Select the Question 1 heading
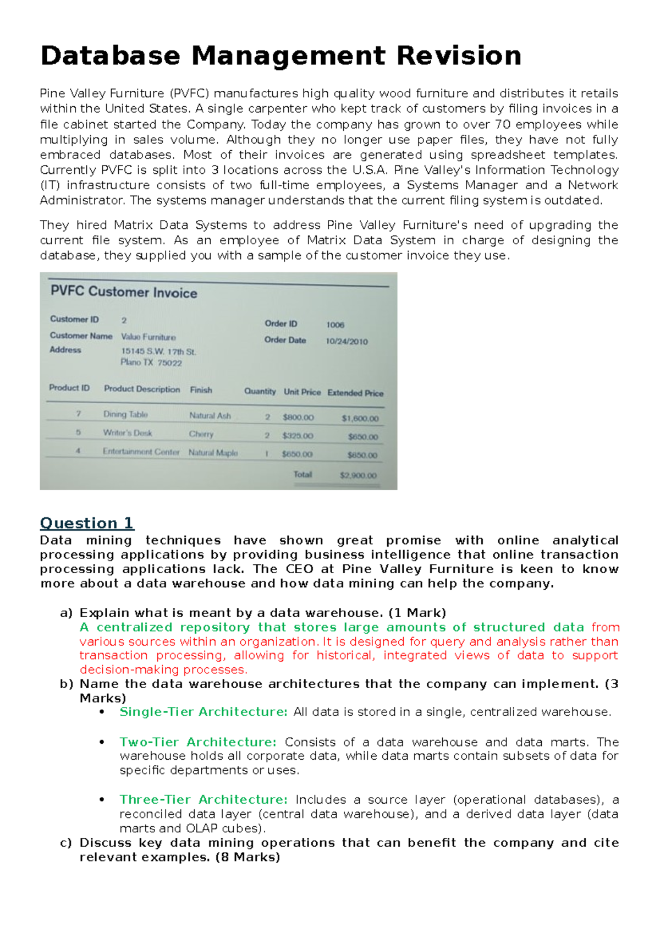coord(87,523)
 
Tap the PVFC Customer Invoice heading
coord(124,292)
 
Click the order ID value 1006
coord(335,325)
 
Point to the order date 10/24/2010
coord(346,342)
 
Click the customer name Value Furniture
coord(148,337)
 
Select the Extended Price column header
coord(355,393)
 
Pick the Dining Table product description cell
coord(125,414)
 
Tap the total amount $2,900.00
coord(358,475)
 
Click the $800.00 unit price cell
coord(298,418)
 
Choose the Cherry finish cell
coord(201,434)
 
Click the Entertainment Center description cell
coord(141,452)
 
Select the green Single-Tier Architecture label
coord(204,712)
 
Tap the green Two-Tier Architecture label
coord(198,742)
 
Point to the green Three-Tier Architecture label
coord(204,799)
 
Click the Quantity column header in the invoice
coord(260,391)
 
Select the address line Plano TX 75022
coord(151,363)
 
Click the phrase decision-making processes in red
coord(163,669)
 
